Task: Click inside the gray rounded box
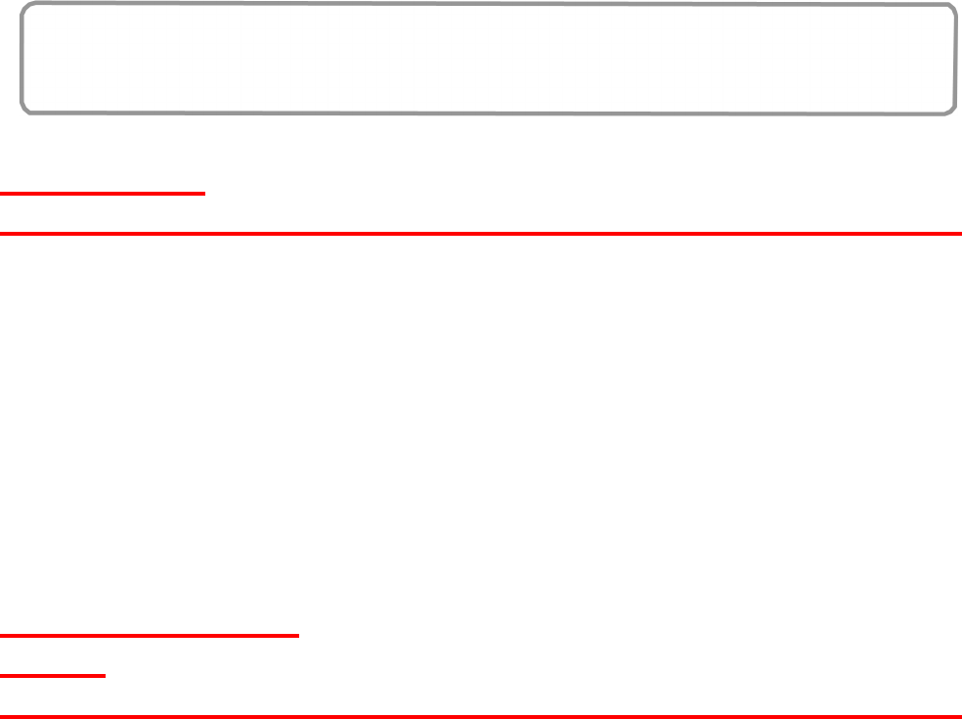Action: pyautogui.click(x=489, y=59)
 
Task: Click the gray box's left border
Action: pyautogui.click(x=22, y=59)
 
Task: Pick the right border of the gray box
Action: pyautogui.click(x=955, y=59)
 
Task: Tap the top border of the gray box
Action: pyautogui.click(x=489, y=5)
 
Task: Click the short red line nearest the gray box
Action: pyautogui.click(x=103, y=194)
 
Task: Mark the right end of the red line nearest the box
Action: pyautogui.click(x=204, y=194)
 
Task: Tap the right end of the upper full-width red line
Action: pyautogui.click(x=960, y=234)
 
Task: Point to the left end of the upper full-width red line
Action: pyautogui.click(x=2, y=234)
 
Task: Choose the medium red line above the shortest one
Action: pyautogui.click(x=149, y=636)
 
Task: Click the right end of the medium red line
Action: pyautogui.click(x=297, y=636)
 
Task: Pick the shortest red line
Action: pyautogui.click(x=53, y=675)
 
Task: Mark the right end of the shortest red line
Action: pyautogui.click(x=105, y=675)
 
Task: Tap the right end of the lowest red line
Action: pyautogui.click(x=960, y=716)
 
